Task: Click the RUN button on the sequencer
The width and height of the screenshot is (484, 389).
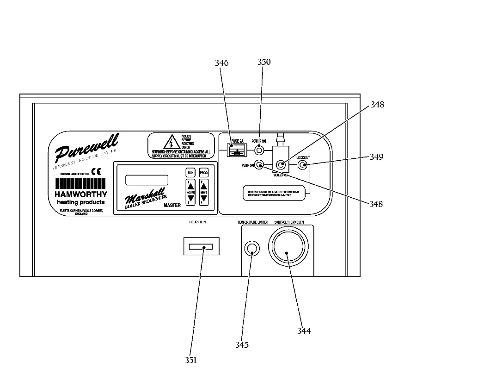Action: pos(190,172)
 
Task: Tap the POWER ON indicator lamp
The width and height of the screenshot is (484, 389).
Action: pos(259,151)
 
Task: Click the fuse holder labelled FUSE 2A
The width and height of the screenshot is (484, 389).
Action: pos(237,151)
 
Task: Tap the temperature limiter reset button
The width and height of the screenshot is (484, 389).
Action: pos(251,249)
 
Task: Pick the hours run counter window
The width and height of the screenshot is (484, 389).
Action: pos(202,246)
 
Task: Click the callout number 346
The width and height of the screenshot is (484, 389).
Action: pos(222,63)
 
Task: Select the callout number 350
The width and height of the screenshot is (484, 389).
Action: pos(264,62)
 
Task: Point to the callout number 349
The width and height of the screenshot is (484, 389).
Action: pos(376,157)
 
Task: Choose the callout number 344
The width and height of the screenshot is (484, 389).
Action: pos(304,331)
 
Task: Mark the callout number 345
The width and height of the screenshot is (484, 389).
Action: pos(242,345)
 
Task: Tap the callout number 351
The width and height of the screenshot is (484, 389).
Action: pos(190,360)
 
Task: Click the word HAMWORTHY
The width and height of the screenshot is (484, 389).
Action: pos(81,194)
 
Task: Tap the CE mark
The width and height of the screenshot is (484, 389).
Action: pos(96,171)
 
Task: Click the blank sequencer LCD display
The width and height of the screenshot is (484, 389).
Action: pos(147,180)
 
